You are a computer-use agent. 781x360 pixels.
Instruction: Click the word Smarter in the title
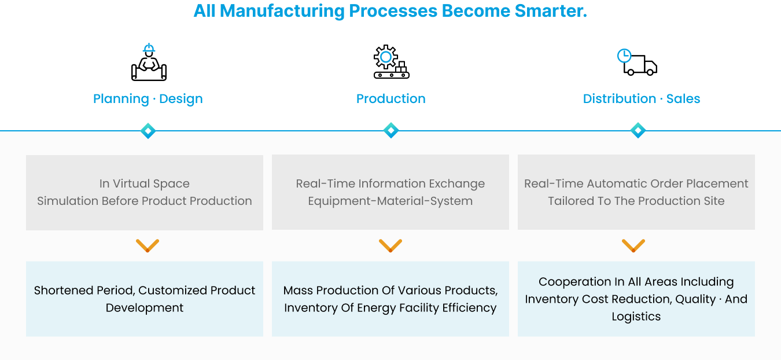click(x=551, y=10)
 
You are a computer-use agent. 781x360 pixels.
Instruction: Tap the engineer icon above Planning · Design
click(x=149, y=62)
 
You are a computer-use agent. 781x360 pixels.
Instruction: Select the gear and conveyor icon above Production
click(x=391, y=62)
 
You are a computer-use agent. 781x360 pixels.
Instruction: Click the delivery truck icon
click(x=637, y=62)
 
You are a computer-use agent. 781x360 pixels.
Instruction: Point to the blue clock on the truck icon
click(x=624, y=56)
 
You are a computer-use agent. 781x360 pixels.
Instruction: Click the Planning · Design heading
click(x=148, y=99)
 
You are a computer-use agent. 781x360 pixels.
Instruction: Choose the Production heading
click(x=391, y=99)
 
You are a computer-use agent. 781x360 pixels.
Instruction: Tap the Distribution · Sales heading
click(x=642, y=99)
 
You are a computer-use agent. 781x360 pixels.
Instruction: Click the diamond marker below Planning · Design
click(x=148, y=131)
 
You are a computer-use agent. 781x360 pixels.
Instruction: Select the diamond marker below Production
click(x=391, y=130)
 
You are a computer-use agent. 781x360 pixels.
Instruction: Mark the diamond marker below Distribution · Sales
click(x=638, y=130)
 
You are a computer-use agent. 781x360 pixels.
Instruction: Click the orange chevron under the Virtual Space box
click(x=148, y=245)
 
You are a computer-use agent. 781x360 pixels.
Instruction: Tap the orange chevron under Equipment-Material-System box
click(x=390, y=245)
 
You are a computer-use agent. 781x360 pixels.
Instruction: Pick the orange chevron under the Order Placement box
click(x=633, y=245)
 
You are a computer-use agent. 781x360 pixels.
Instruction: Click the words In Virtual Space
click(x=145, y=183)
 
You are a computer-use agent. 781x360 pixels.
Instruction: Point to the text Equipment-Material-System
click(x=390, y=201)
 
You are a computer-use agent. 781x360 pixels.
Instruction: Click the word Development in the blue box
click(x=145, y=308)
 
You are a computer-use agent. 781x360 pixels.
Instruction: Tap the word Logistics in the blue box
click(x=636, y=317)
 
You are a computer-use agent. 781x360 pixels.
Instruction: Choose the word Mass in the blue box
click(x=298, y=290)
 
